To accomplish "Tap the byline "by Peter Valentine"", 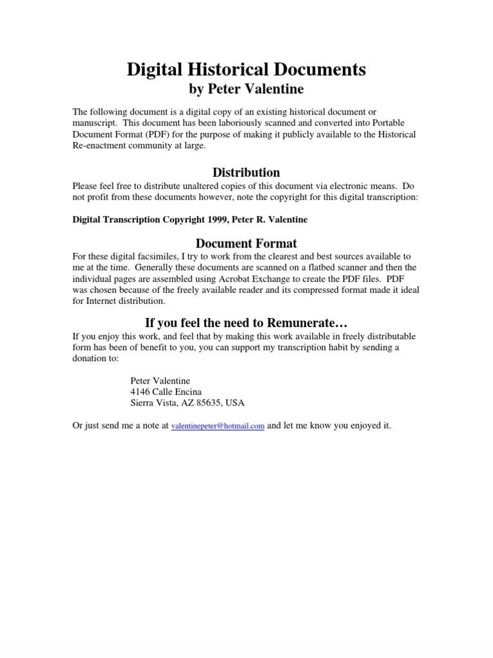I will tap(246, 89).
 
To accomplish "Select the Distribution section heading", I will tap(246, 172).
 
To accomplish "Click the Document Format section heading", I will tap(246, 244).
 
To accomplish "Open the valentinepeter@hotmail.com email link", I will tap(218, 426).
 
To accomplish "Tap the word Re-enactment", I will tap(100, 146).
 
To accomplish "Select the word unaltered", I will tap(184, 186).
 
